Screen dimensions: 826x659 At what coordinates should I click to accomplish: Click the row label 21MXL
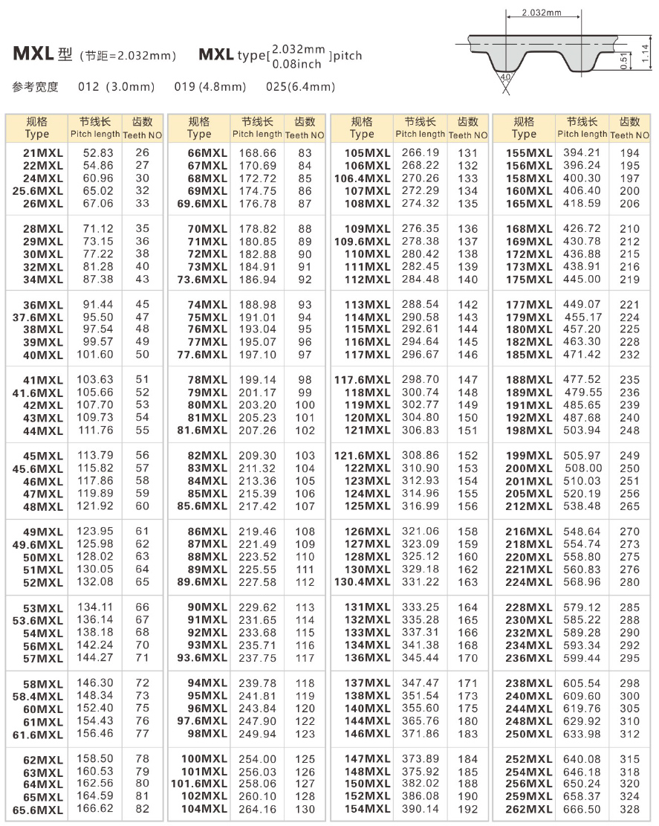tap(44, 153)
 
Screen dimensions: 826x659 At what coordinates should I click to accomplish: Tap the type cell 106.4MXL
tap(362, 178)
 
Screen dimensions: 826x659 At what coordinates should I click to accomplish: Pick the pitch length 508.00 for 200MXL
tap(583, 468)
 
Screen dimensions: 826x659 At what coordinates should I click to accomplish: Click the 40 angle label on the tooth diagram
tap(506, 77)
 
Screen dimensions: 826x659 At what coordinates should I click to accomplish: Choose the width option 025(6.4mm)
tap(300, 87)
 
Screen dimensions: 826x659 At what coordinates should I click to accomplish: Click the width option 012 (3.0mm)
tap(116, 87)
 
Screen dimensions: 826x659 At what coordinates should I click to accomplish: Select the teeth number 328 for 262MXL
tap(629, 809)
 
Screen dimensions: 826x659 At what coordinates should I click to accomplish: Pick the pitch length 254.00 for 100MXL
tap(257, 759)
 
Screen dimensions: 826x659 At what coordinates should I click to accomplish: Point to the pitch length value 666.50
tap(583, 809)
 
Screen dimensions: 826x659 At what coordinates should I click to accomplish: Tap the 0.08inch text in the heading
tap(298, 63)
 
